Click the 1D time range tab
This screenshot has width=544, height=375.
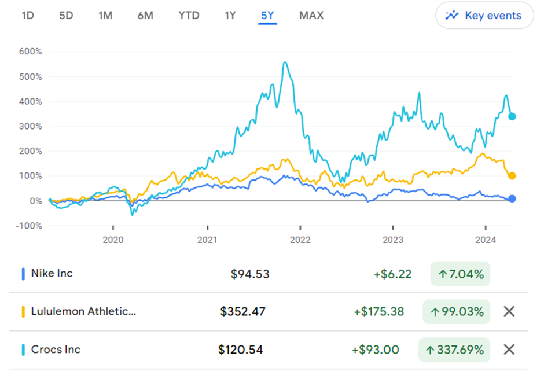[x=28, y=16]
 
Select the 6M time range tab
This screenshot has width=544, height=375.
[x=145, y=16]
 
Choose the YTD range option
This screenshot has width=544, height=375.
[x=189, y=16]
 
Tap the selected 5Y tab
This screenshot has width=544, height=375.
[x=267, y=16]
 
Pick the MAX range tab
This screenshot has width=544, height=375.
[x=311, y=16]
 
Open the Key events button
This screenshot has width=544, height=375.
[x=483, y=16]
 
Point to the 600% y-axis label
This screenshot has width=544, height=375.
[x=31, y=52]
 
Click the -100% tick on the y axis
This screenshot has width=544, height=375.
[x=29, y=226]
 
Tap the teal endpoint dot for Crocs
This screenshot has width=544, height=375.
[x=512, y=116]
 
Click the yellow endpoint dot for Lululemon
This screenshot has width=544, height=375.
[x=512, y=175]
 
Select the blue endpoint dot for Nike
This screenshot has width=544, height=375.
[x=512, y=199]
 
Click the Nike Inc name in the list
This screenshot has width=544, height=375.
[x=52, y=273]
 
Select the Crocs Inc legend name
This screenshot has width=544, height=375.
[x=56, y=350]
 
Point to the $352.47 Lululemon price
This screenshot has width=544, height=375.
[x=242, y=311]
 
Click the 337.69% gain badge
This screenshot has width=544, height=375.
[x=454, y=350]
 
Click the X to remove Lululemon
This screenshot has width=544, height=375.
[x=509, y=311]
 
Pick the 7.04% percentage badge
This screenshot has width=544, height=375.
[x=460, y=274]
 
